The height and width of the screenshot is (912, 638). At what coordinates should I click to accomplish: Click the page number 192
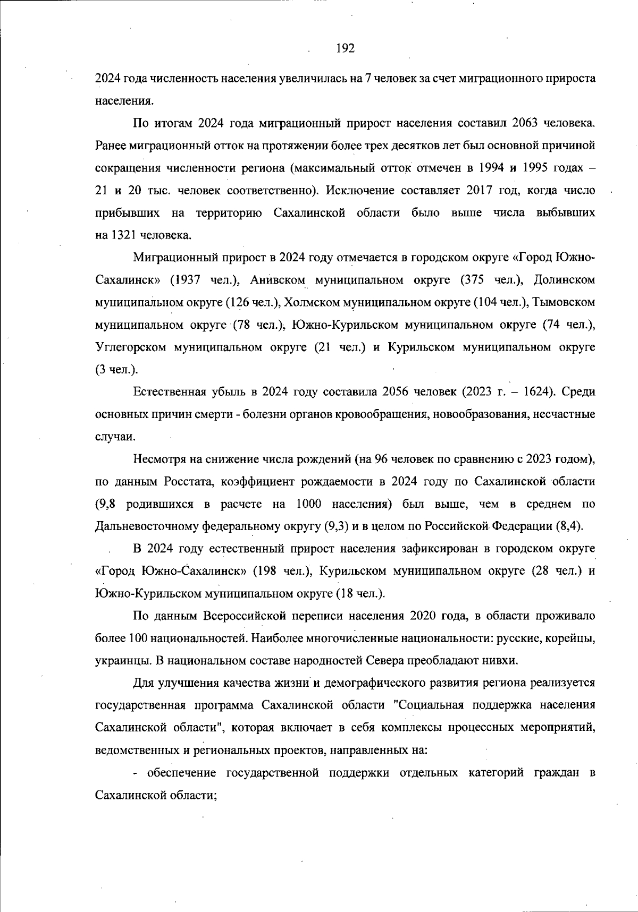tap(345, 49)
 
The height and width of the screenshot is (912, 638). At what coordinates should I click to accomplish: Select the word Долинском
tap(564, 280)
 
